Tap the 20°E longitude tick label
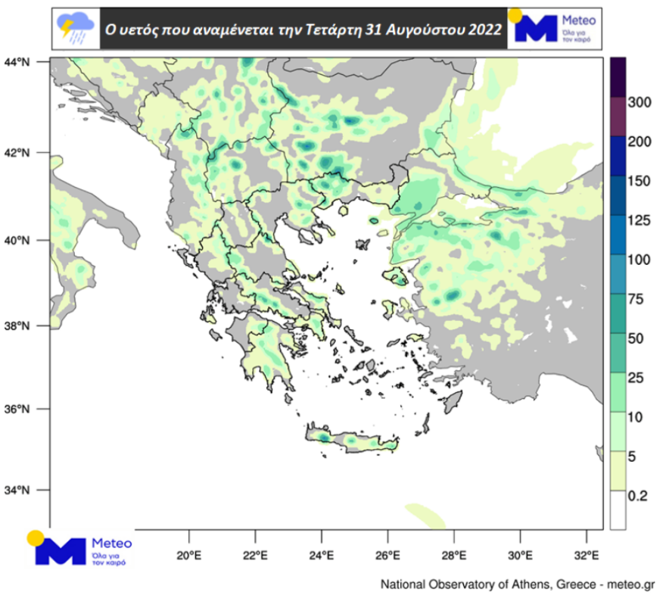(188, 558)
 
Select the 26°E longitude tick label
(387, 558)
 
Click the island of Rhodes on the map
(452, 402)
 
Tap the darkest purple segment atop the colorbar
(617, 77)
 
